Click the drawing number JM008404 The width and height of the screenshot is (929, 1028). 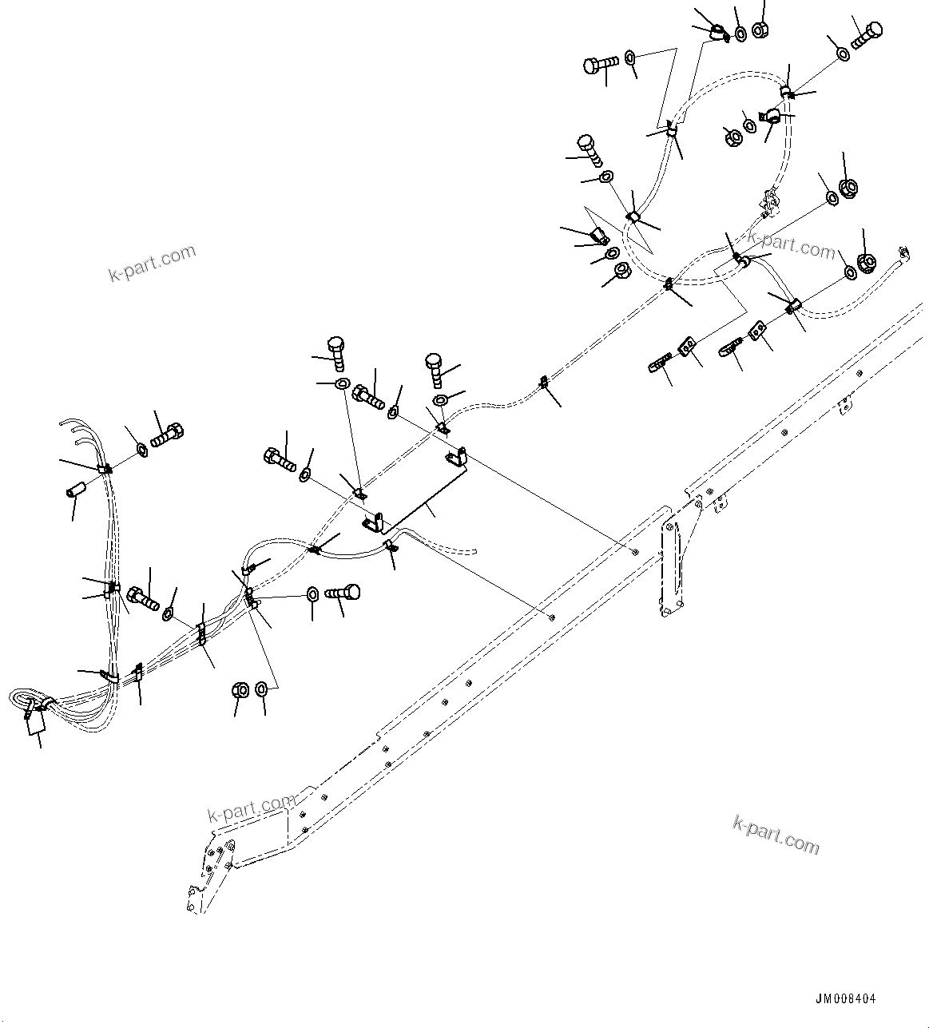tap(846, 999)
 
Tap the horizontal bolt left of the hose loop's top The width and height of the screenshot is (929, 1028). tap(600, 64)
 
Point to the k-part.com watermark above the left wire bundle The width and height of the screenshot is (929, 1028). tap(152, 263)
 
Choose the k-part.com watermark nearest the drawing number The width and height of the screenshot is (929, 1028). tap(776, 834)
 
